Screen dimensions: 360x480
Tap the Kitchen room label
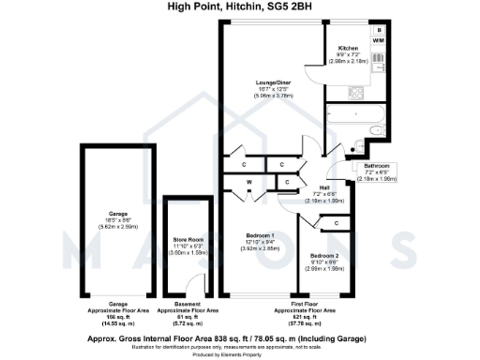(348, 48)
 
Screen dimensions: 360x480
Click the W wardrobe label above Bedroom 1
(249, 182)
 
